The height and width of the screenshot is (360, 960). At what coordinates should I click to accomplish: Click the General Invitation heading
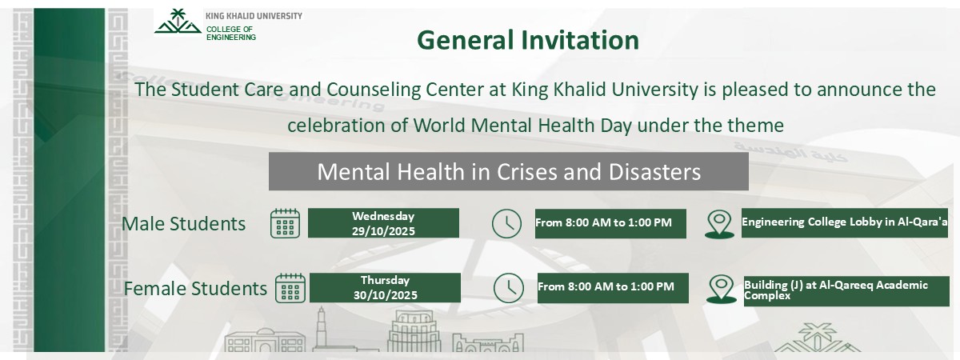coord(528,40)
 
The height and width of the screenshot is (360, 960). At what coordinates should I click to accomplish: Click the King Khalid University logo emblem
coord(178,22)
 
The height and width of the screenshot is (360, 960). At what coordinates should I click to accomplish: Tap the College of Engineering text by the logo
coord(231,32)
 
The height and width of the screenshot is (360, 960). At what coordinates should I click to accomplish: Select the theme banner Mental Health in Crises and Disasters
coord(508,171)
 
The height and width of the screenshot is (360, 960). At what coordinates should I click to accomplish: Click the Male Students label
coord(183,223)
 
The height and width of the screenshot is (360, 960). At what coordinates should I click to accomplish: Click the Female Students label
coord(195,288)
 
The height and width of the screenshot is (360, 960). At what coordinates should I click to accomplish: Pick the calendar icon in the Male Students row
coord(285,223)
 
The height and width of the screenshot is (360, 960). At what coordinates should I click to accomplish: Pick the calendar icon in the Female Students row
coord(290,288)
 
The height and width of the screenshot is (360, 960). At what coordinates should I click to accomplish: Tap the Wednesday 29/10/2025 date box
coord(383,223)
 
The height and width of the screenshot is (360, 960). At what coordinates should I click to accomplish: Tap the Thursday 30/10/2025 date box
coord(385,288)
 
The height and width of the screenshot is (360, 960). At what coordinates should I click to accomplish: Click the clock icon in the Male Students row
coord(506,223)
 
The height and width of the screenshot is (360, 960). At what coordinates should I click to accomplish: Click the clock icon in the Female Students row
coord(508,288)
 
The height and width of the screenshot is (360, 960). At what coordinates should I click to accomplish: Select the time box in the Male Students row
coord(610,223)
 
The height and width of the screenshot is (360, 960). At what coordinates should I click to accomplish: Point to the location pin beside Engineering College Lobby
coord(719,224)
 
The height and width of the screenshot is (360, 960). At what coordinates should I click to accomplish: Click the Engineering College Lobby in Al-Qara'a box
coord(844,223)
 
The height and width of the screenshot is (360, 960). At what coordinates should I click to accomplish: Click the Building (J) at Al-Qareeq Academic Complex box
coord(846,289)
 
